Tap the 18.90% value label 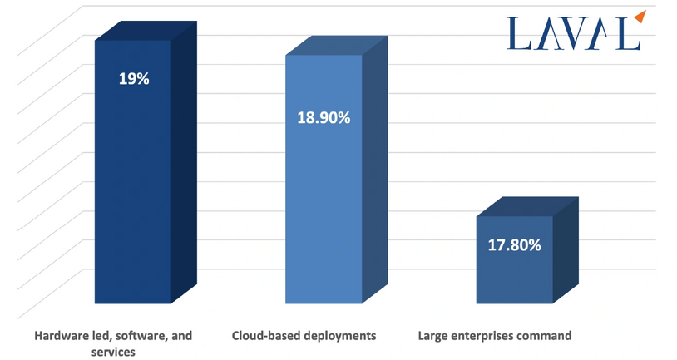point(324,117)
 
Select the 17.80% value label point(514,245)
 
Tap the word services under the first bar point(113,352)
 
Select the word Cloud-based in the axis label point(264,336)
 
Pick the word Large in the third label point(432,336)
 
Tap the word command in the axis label point(546,336)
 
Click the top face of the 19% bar point(146,31)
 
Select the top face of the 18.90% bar point(335,46)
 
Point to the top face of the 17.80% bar point(526,207)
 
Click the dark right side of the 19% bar point(184,166)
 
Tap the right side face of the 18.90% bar point(374,175)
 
